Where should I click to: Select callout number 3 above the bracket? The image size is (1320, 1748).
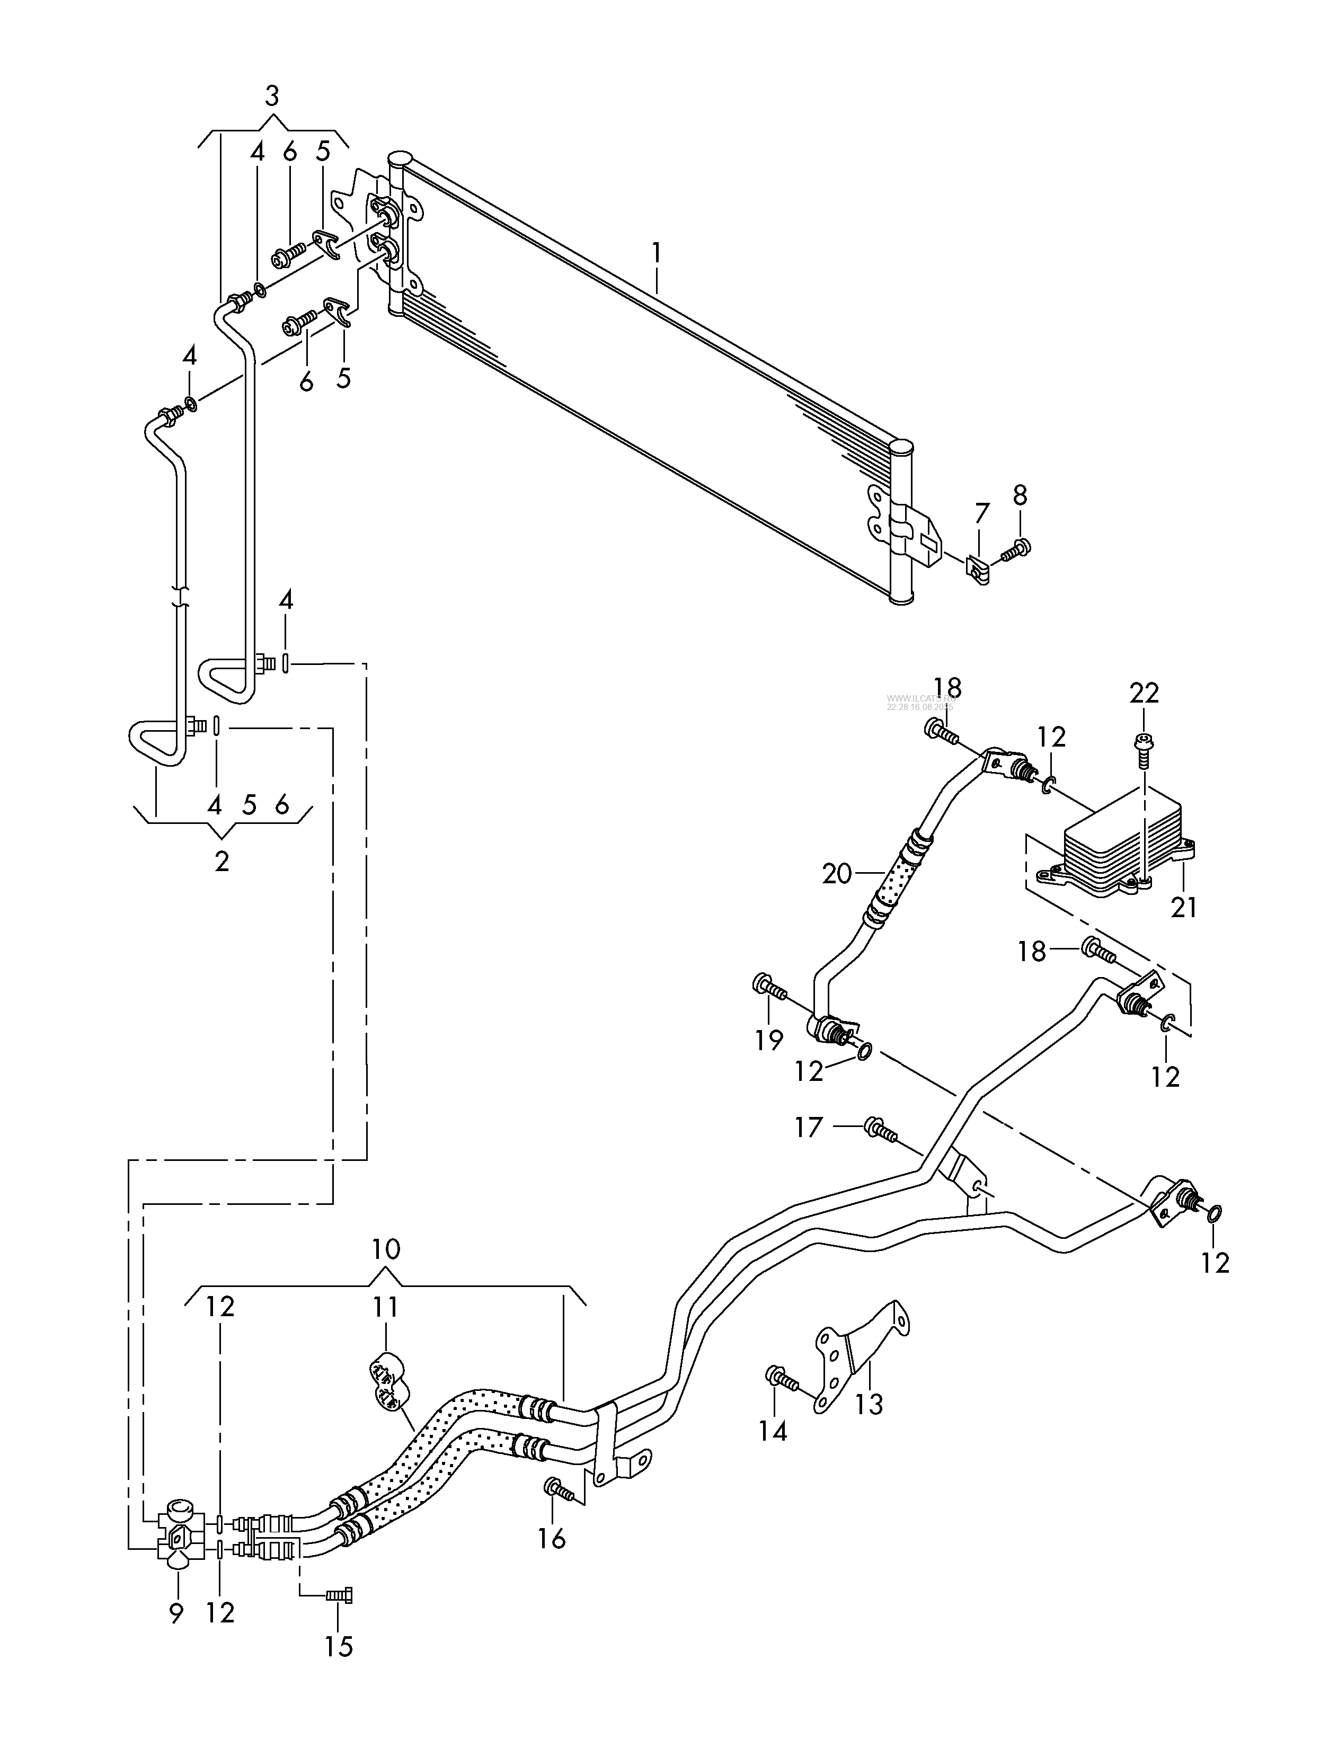(272, 96)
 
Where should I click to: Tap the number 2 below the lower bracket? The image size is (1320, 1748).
(222, 860)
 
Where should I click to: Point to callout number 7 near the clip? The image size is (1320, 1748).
(982, 513)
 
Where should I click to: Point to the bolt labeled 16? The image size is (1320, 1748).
(559, 1489)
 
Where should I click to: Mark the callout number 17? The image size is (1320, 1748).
(809, 1127)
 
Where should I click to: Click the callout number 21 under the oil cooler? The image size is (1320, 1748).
(1183, 907)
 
